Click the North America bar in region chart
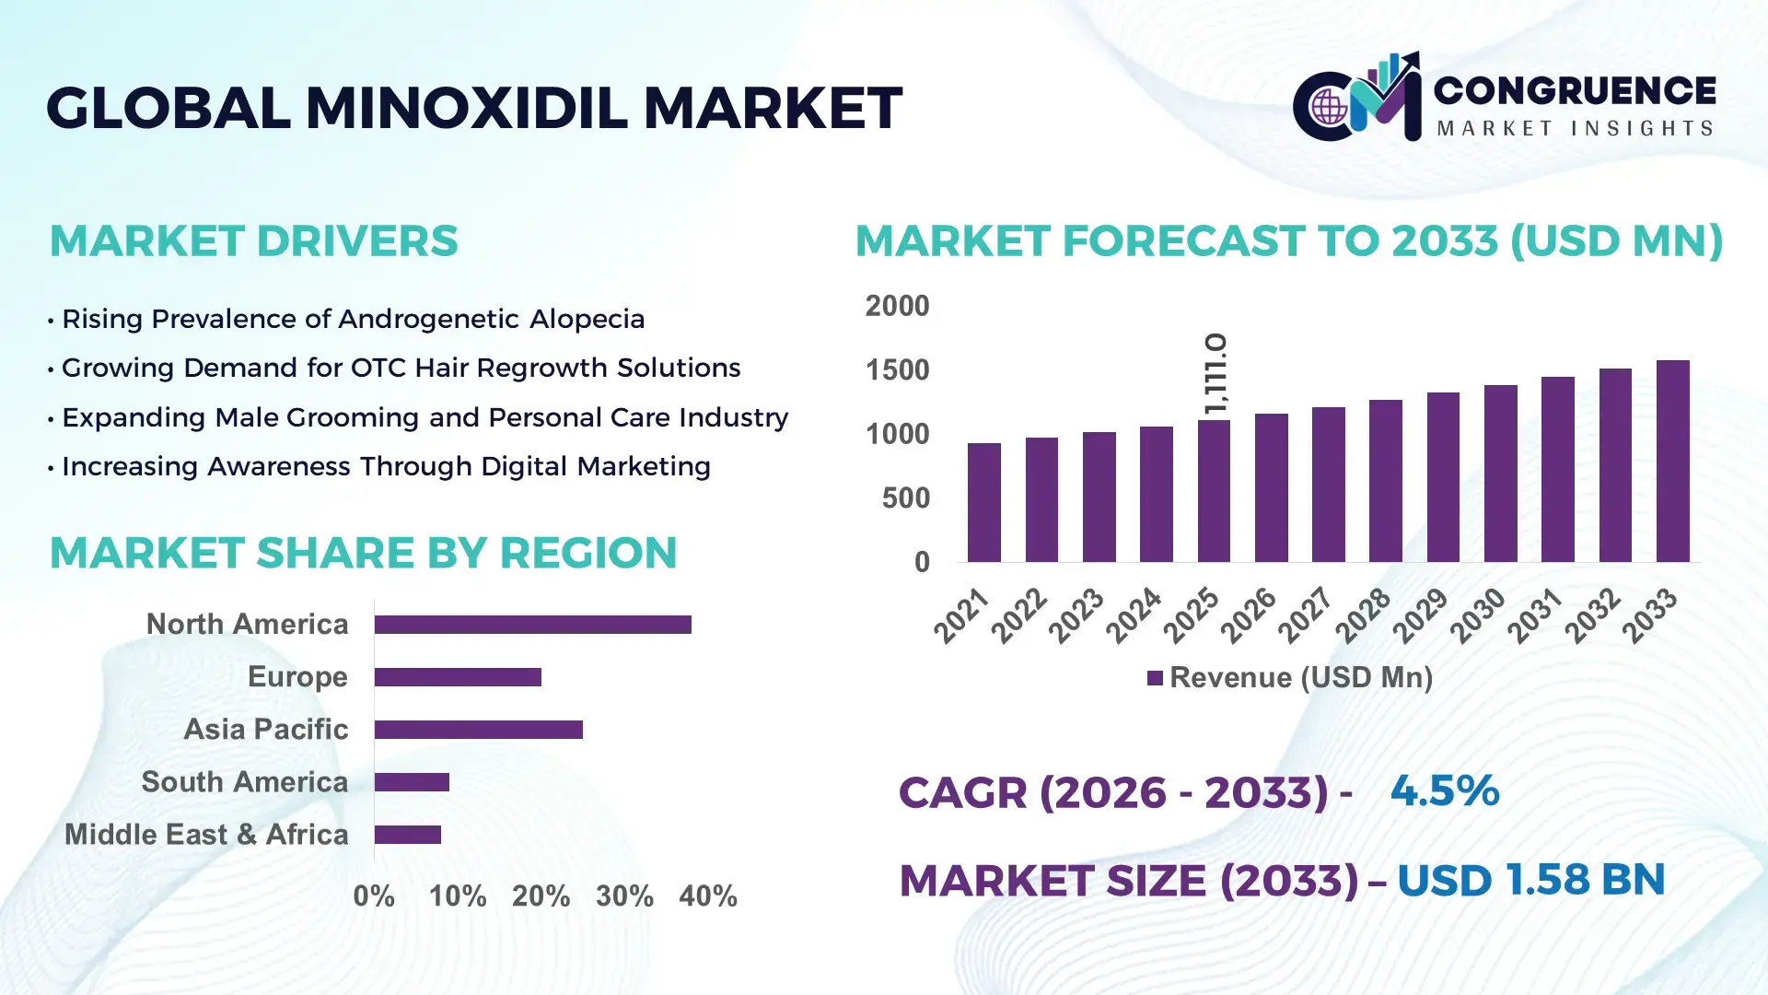point(532,625)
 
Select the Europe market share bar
point(458,677)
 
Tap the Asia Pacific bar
point(478,730)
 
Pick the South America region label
point(244,782)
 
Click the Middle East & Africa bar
point(407,835)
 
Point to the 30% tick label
point(624,895)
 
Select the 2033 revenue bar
point(1672,461)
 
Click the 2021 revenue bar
point(983,502)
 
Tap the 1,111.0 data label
point(1215,373)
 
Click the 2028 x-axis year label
point(1364,615)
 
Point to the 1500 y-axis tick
point(897,370)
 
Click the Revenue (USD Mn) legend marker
point(1155,678)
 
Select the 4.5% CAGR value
point(1444,790)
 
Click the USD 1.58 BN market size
point(1530,879)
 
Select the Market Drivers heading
point(253,240)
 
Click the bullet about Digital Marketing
point(386,466)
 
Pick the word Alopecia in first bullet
point(587,319)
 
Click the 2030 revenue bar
point(1500,474)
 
